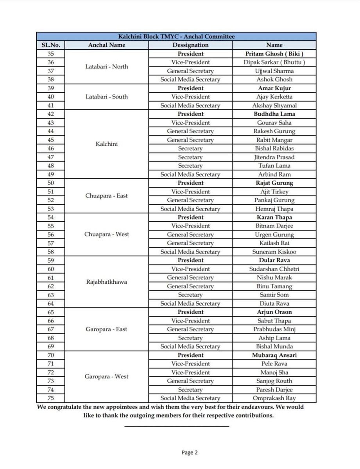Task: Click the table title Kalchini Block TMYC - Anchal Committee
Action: click(x=176, y=36)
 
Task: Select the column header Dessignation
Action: click(x=190, y=45)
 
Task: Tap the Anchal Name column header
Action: click(x=106, y=45)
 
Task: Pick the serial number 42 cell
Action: click(x=50, y=114)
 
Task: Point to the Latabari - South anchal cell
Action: click(x=106, y=97)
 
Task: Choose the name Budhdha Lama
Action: click(x=274, y=114)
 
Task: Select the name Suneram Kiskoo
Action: click(x=274, y=252)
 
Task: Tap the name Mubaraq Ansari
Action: click(x=274, y=355)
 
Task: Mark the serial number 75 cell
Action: click(x=50, y=398)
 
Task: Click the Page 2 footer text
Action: click(x=190, y=453)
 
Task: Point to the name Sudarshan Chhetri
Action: click(x=274, y=269)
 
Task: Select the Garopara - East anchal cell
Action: click(x=106, y=329)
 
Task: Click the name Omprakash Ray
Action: click(x=274, y=398)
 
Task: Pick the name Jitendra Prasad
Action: click(x=274, y=157)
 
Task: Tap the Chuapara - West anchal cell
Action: click(x=106, y=234)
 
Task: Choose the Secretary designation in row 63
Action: click(x=190, y=295)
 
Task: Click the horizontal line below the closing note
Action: click(x=177, y=426)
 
